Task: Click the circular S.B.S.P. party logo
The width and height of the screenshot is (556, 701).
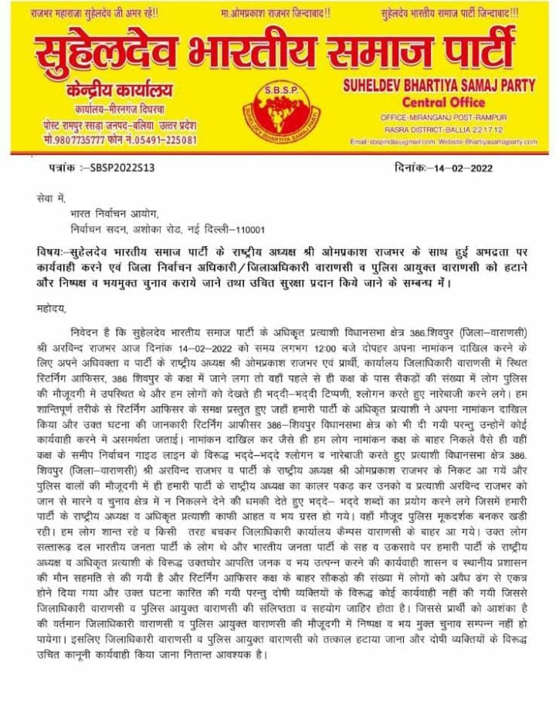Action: coord(278,113)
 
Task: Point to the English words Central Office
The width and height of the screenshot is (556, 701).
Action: coord(443,102)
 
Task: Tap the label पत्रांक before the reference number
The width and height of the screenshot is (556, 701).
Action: coord(63,166)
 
